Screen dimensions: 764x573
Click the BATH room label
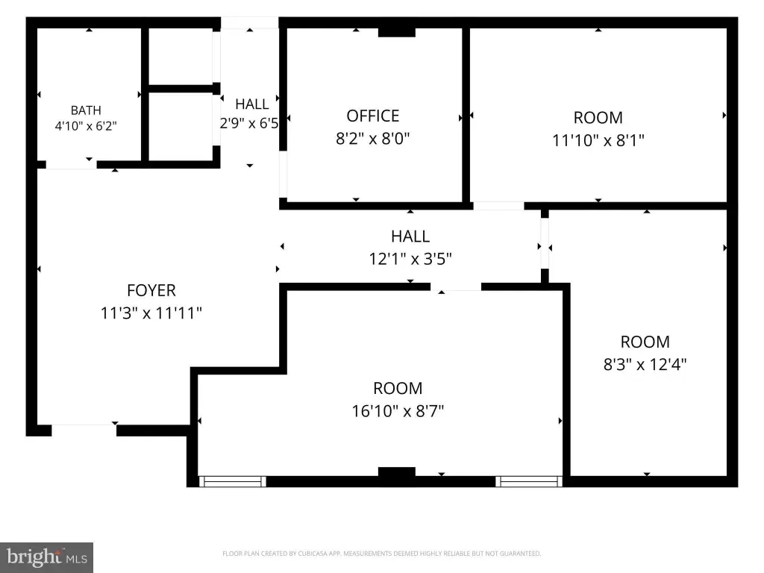tap(86, 110)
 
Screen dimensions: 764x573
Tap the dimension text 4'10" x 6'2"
tap(86, 125)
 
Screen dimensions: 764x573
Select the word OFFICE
tap(373, 116)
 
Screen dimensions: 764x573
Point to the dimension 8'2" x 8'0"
tap(373, 138)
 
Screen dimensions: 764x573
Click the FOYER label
tap(151, 290)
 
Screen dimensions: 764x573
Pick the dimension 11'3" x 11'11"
tap(151, 313)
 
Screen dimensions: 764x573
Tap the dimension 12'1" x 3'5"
tap(410, 259)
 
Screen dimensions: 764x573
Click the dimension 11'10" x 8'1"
tap(598, 140)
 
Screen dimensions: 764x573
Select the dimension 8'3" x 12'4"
tap(645, 364)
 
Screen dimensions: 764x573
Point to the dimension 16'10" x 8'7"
tap(398, 411)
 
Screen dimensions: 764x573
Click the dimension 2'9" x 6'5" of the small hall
tap(249, 123)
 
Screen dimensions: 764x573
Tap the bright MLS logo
tap(47, 557)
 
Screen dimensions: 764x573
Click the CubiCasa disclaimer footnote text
tap(381, 554)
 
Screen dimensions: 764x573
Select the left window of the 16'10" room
tap(233, 481)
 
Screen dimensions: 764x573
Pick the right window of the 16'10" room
tap(529, 481)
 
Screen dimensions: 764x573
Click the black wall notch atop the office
tap(397, 32)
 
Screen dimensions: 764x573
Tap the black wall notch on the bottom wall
tap(397, 472)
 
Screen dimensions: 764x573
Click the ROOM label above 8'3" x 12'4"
tap(645, 342)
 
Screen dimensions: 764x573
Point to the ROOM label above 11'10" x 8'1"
tap(598, 118)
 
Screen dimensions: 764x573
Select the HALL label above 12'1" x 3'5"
tap(410, 237)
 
